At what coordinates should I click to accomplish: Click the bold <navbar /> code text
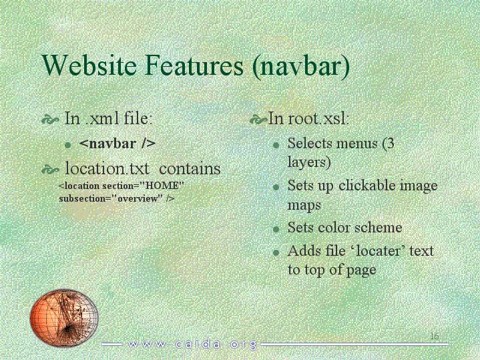coord(117,144)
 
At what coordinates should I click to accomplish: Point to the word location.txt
coord(107,168)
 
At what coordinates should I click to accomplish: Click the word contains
coord(190,169)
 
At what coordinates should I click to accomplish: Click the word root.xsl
coord(318,118)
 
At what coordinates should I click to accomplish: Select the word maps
coord(304,206)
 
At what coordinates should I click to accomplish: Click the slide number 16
coord(435,336)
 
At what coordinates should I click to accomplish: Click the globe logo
coord(64,317)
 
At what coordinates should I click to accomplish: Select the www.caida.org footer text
coord(192,345)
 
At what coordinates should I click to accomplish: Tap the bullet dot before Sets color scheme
coord(276,229)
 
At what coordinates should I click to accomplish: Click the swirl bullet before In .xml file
coord(50,120)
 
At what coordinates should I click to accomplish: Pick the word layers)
coord(309,162)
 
